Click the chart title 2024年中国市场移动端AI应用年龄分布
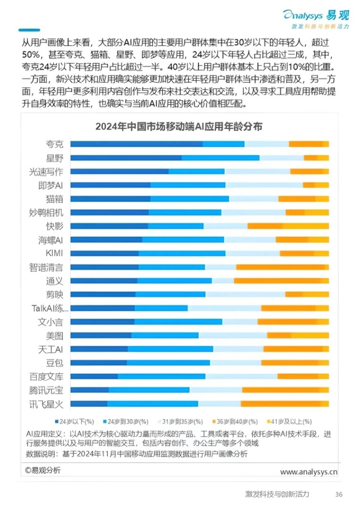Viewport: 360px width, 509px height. (x=179, y=127)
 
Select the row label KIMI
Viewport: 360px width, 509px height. (x=54, y=254)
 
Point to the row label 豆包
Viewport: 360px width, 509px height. (x=55, y=362)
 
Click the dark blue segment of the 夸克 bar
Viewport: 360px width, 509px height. (x=136, y=144)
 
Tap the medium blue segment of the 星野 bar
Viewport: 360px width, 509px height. (x=220, y=158)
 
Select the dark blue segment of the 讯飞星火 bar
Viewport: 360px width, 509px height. (x=89, y=403)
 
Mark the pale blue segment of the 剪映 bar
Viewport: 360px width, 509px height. (x=245, y=294)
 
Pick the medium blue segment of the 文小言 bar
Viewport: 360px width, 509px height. (x=178, y=322)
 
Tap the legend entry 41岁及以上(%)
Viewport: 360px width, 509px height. (x=290, y=421)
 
